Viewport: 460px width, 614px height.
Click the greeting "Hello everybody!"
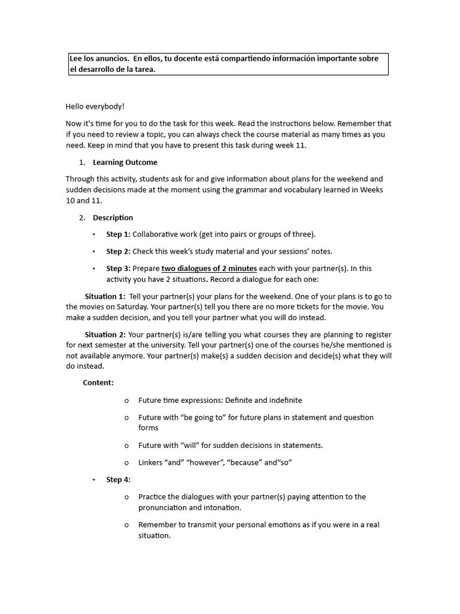pyautogui.click(x=95, y=106)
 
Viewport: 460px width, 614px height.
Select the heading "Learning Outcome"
pyautogui.click(x=125, y=162)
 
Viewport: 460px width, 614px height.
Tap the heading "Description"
pyautogui.click(x=113, y=218)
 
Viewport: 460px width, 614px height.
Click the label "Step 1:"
pyautogui.click(x=118, y=234)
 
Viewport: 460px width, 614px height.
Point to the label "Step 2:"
pyautogui.click(x=118, y=251)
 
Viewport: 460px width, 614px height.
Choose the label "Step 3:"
pyautogui.click(x=118, y=268)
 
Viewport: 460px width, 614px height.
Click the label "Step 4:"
pyautogui.click(x=118, y=479)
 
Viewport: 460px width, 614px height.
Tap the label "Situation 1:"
pyautogui.click(x=105, y=296)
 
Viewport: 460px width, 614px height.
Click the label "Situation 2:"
pyautogui.click(x=105, y=335)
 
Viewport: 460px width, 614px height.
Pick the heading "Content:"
pyautogui.click(x=98, y=383)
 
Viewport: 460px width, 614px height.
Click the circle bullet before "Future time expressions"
pyautogui.click(x=126, y=400)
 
